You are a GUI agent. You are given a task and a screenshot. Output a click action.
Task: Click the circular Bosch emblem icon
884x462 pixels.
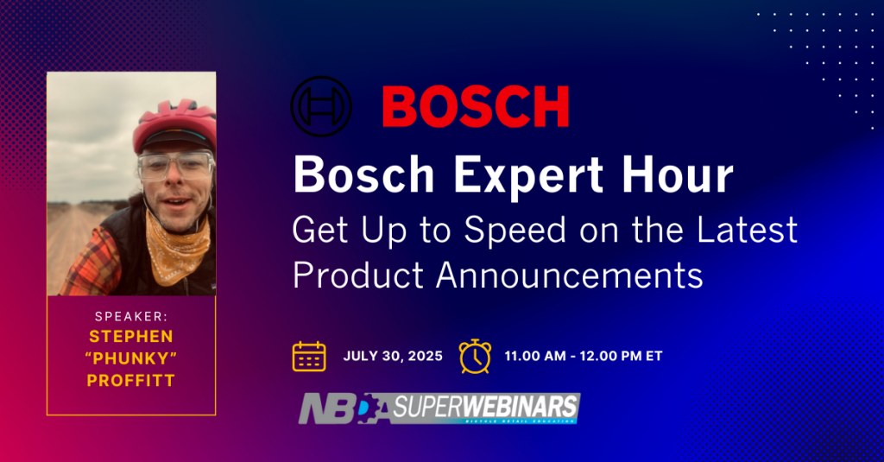(x=322, y=107)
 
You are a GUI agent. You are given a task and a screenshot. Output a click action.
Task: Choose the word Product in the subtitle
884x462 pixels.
(x=358, y=274)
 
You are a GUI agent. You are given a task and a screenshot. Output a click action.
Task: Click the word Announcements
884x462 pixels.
(x=570, y=274)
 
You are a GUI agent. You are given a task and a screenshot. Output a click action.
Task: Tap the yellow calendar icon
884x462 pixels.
(x=309, y=356)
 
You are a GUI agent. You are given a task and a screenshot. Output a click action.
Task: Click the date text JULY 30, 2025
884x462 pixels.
(x=393, y=356)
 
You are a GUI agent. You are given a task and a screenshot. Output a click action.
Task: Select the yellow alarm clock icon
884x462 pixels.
(x=475, y=356)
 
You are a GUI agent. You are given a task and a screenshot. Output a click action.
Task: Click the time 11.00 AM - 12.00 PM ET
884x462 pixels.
(x=584, y=356)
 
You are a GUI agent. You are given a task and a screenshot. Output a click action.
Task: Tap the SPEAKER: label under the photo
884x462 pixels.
(x=130, y=316)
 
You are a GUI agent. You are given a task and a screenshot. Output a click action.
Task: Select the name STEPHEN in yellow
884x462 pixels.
(x=131, y=336)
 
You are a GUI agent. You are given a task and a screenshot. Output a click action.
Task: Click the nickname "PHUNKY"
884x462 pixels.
(x=131, y=357)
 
